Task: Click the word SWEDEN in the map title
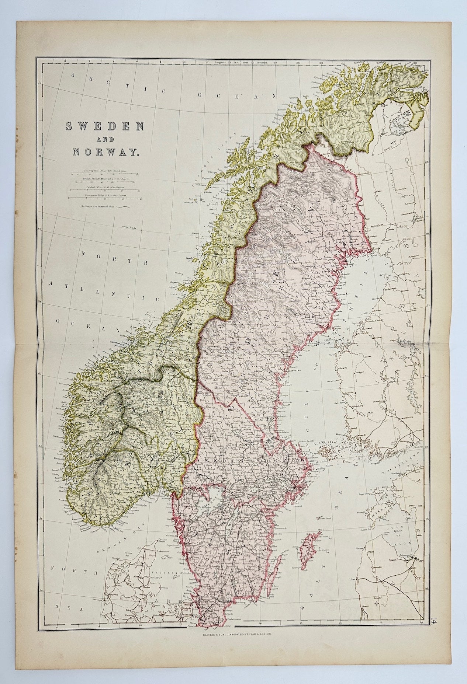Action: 104,127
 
